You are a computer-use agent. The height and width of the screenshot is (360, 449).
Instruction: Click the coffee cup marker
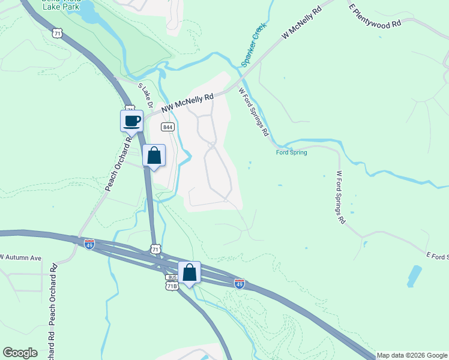[132, 121]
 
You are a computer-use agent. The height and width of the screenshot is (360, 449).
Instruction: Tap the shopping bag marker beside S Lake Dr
[154, 155]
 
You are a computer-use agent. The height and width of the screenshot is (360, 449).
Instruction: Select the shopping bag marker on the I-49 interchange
[189, 272]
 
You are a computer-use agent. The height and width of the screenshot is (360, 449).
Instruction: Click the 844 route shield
[168, 127]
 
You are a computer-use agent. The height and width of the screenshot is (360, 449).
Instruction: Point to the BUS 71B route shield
[172, 283]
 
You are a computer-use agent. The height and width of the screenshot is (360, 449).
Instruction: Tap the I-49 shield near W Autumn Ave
[89, 244]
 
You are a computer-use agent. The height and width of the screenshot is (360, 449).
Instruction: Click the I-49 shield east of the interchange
[239, 282]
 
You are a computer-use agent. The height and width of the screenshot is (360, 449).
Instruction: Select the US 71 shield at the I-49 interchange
[155, 248]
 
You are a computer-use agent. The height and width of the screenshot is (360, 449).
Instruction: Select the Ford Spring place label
[291, 152]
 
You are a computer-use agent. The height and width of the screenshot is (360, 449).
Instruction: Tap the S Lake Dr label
[146, 96]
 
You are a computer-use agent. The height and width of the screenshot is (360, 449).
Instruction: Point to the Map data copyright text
[411, 355]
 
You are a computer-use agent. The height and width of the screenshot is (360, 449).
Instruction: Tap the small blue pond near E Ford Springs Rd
[414, 275]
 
